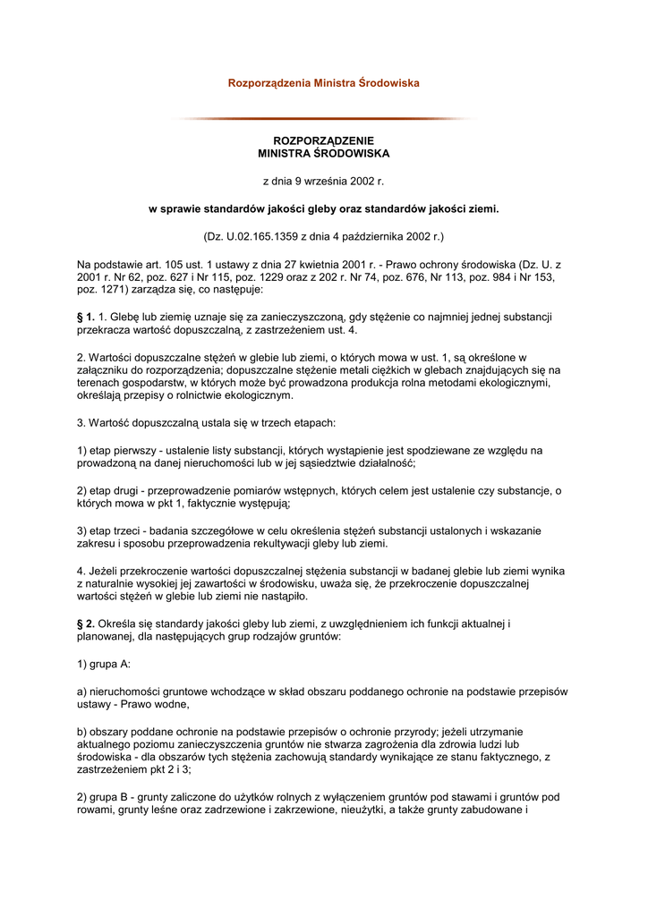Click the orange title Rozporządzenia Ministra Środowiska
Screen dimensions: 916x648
[x=323, y=83]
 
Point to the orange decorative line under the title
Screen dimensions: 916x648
[x=323, y=118]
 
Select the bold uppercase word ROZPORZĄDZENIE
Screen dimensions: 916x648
[x=323, y=141]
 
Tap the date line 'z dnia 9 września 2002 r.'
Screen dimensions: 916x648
[x=323, y=182]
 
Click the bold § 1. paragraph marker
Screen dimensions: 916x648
[x=86, y=317]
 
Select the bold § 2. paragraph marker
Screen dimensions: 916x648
[x=86, y=623]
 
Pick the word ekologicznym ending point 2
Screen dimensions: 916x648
[x=259, y=395]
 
